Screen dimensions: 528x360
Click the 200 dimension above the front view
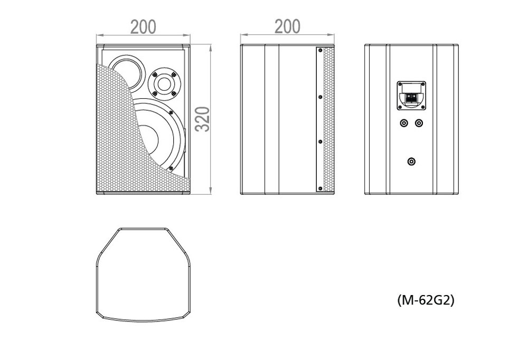click(143, 27)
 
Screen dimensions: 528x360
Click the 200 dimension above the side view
click(287, 26)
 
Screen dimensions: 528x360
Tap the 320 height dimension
click(203, 119)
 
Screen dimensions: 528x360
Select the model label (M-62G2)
click(426, 299)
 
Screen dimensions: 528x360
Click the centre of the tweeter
click(164, 83)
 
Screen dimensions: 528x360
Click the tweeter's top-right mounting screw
click(174, 74)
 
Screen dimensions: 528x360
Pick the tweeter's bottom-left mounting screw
click(155, 93)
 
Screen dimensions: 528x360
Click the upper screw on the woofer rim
click(171, 112)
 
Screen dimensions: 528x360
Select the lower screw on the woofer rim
click(171, 168)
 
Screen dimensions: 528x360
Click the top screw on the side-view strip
click(320, 51)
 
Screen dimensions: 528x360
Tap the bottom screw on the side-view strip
click(320, 188)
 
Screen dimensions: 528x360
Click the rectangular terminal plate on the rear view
click(411, 96)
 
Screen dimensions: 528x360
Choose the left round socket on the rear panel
click(404, 124)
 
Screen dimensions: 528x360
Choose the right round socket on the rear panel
click(419, 124)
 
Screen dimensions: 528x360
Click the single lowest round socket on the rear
click(411, 162)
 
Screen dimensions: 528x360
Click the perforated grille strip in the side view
click(328, 119)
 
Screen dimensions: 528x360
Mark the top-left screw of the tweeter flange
click(155, 74)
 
